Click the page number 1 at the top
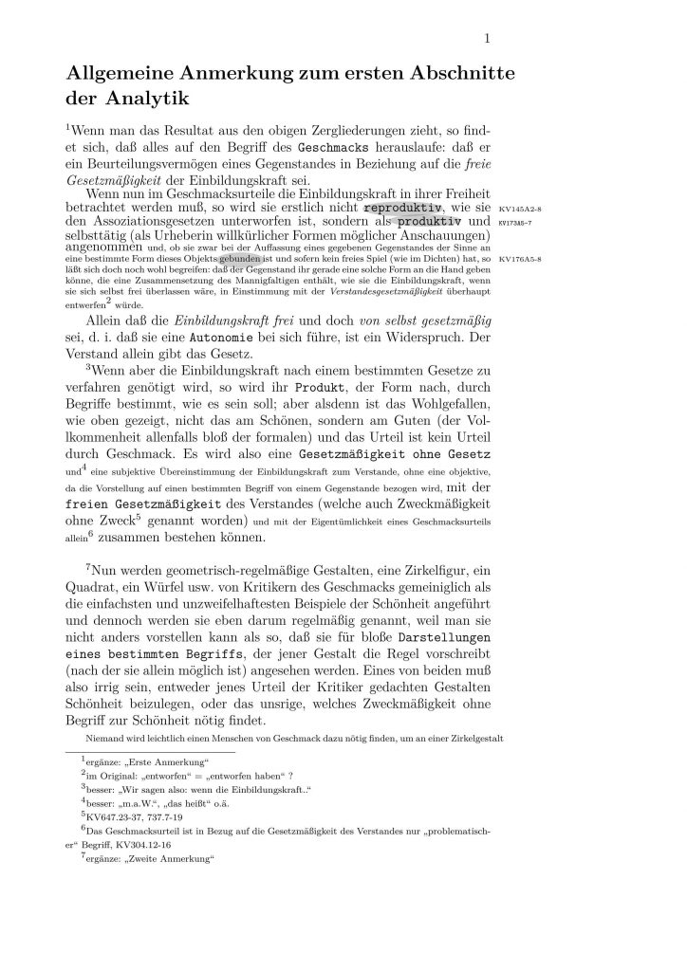487,38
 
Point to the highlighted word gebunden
240,258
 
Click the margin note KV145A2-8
520,208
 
